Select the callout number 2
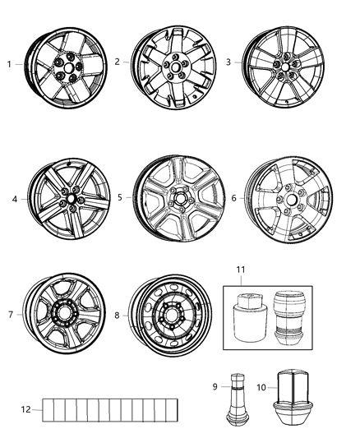(117, 62)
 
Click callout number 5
(120, 198)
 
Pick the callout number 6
(234, 198)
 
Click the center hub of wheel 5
(179, 197)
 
